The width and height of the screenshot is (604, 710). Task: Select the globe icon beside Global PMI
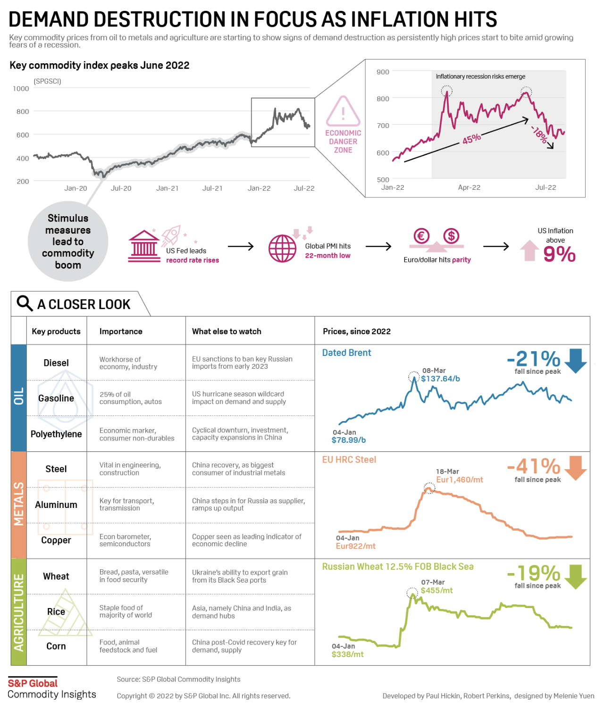click(282, 248)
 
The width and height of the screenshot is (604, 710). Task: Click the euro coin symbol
click(421, 236)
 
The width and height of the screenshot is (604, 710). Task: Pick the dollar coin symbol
click(451, 236)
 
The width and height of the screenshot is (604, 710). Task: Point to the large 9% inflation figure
click(559, 254)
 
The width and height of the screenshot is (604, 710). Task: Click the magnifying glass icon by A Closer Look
click(24, 303)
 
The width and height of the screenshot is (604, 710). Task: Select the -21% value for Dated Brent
click(534, 359)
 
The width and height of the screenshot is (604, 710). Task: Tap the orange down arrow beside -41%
click(575, 467)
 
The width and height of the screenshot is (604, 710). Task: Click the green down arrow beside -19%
click(575, 576)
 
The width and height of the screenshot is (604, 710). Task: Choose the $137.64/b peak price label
click(440, 379)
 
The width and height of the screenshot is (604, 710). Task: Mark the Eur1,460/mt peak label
click(460, 480)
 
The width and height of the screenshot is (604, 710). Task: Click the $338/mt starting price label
click(348, 654)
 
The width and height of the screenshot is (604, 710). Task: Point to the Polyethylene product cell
click(56, 434)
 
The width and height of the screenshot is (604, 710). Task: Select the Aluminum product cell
click(56, 505)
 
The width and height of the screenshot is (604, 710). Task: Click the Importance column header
click(121, 331)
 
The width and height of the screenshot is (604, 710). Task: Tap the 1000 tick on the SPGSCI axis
click(21, 88)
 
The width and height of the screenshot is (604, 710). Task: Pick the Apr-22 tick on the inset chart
click(469, 187)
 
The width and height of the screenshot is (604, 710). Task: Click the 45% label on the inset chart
click(471, 139)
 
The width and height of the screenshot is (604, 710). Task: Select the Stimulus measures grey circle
click(68, 241)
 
